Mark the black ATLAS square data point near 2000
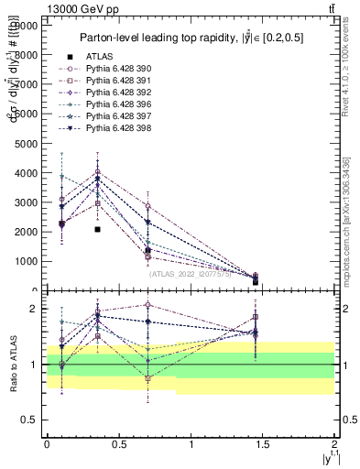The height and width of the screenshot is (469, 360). click(x=97, y=230)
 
